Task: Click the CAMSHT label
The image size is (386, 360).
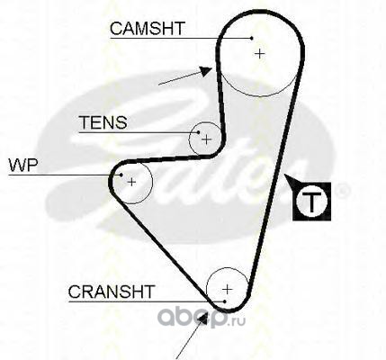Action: coord(147,29)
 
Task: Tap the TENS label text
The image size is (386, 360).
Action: coord(103,122)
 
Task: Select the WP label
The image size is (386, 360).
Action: coord(23,165)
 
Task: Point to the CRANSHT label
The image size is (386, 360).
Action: coord(112,292)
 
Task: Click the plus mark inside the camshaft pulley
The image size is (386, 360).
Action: coord(260,54)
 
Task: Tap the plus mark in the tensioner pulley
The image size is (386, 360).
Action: coord(206,139)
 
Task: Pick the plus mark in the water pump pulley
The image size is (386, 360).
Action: coord(131,182)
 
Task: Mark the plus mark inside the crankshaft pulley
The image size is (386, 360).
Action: coord(228,290)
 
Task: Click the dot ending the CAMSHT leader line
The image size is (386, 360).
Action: coord(252,38)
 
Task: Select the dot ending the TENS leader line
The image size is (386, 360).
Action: coord(198,132)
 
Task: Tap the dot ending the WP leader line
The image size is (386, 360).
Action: coord(121,175)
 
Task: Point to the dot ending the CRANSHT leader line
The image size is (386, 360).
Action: coord(225,301)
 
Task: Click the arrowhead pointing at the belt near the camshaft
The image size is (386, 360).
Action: coord(206,71)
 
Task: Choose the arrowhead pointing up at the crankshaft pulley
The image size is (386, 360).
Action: coord(203,319)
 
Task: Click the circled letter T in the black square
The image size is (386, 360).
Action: coord(311,202)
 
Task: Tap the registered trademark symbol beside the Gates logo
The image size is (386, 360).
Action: coord(342,190)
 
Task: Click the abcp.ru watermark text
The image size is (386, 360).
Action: coord(202,318)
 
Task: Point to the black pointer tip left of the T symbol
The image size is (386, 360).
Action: coord(285,175)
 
